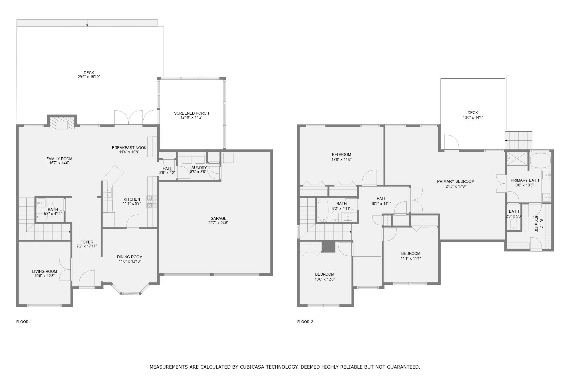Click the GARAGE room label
point(218,218)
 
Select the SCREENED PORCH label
point(192,113)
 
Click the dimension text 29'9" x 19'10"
point(89,77)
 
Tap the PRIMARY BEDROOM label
point(455,181)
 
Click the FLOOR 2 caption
point(305,322)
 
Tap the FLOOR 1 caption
point(24,322)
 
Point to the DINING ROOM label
point(130,257)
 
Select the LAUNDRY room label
point(198,168)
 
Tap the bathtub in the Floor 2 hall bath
point(323,210)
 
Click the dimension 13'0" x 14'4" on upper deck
point(473,117)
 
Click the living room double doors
point(66,269)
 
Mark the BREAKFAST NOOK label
point(129,148)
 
